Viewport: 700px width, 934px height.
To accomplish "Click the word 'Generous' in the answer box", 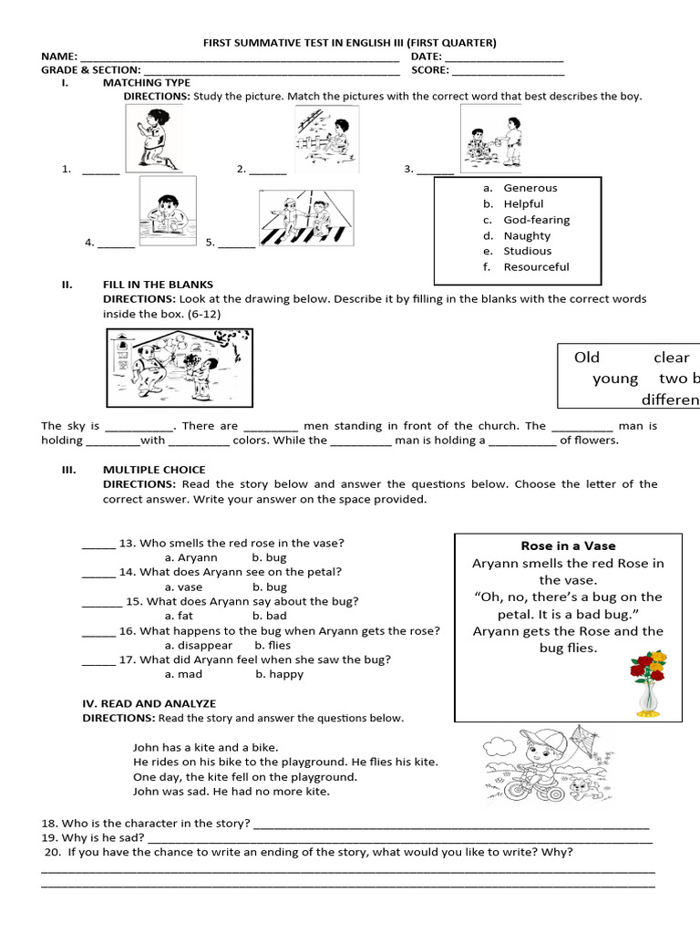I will pos(530,188).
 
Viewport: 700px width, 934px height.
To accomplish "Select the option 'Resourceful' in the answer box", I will pos(536,266).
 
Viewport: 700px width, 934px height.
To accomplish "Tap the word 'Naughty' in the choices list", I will pos(527,235).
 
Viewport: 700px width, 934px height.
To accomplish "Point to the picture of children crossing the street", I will pos(300,220).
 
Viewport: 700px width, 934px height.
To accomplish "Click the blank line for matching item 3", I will pos(436,170).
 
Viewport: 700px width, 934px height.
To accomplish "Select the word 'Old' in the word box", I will pos(587,358).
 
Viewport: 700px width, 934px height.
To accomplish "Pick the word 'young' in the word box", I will pos(615,379).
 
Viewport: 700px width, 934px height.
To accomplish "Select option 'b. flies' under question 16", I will pos(273,645).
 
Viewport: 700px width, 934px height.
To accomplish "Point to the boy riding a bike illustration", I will pos(546,763).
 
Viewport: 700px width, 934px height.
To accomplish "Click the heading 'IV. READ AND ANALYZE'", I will pos(149,703).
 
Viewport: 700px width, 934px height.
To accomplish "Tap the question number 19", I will pos(50,837).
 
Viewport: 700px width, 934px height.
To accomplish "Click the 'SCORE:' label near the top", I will pos(429,69).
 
